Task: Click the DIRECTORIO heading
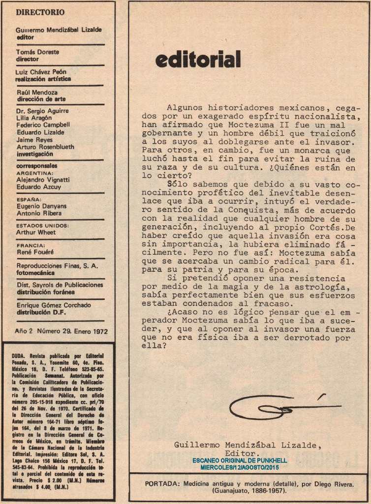(40, 12)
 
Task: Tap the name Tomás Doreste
(37, 52)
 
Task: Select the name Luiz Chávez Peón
(41, 72)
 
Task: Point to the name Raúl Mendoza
(37, 92)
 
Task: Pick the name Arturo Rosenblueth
(45, 147)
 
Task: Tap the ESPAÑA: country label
(29, 200)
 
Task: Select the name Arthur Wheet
(36, 232)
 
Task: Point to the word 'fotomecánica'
(35, 273)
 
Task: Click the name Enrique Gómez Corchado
(54, 305)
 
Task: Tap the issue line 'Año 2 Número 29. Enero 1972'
(62, 331)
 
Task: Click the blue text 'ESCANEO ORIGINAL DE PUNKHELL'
(240, 460)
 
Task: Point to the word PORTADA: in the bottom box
(162, 484)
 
